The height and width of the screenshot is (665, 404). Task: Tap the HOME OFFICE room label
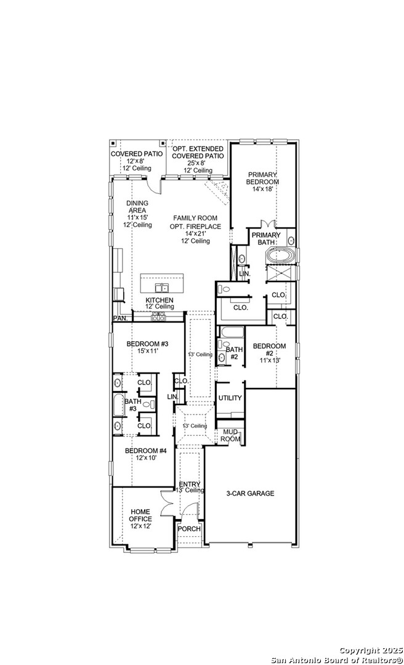(x=140, y=515)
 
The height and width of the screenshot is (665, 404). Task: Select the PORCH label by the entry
(x=189, y=529)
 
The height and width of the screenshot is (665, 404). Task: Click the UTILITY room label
(x=230, y=398)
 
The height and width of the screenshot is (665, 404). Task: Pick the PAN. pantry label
(x=119, y=318)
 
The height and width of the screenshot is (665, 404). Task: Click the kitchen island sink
(x=161, y=288)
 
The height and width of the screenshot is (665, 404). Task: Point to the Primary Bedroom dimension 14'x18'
(x=264, y=189)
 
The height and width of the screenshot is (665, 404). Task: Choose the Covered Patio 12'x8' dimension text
(x=136, y=161)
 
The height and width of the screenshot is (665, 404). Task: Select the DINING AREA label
(x=137, y=206)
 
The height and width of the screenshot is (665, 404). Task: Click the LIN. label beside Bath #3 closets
(x=172, y=397)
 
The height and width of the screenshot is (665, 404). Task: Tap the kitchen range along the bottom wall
(x=158, y=315)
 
